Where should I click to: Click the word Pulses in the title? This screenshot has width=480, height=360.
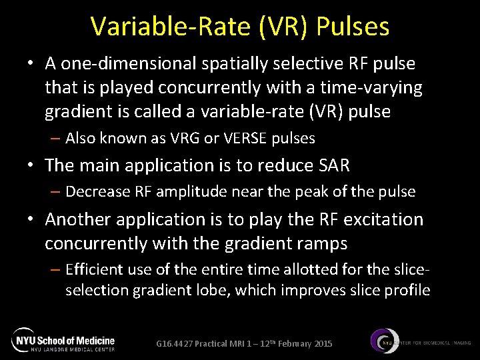click(x=353, y=27)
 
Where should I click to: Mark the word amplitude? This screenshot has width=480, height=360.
click(x=190, y=192)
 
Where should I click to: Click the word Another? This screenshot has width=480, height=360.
click(x=82, y=219)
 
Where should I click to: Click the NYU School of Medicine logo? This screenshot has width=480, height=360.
click(x=63, y=340)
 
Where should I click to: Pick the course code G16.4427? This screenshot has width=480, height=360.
click(x=175, y=343)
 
